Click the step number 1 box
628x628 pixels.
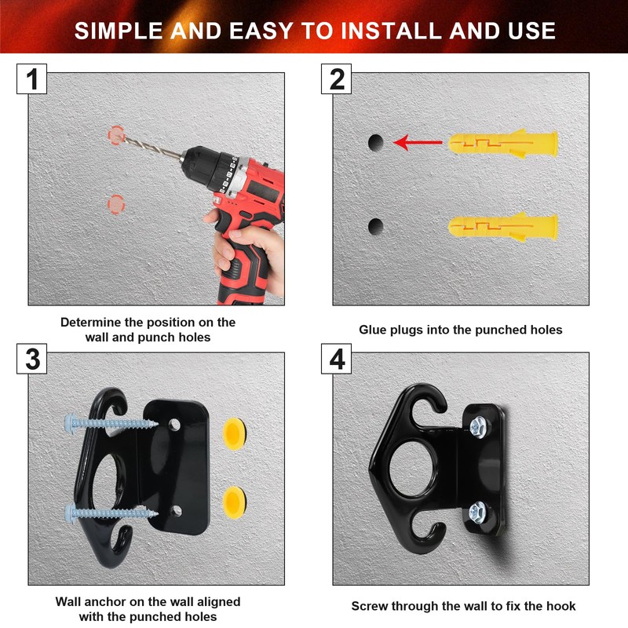coord(31,79)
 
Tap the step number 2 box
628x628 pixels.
coord(337,79)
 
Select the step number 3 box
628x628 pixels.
coord(31,359)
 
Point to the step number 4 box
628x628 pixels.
coord(337,359)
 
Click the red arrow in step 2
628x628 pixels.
coord(418,142)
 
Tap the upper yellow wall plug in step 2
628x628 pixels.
coord(502,144)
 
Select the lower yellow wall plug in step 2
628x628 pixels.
coord(502,227)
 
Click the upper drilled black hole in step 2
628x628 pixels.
coord(376,143)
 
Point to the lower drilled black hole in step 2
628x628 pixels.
coord(376,227)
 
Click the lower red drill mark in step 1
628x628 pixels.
coord(116,205)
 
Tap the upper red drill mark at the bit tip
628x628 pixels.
coord(116,135)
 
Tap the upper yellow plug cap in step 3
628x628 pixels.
coord(234,434)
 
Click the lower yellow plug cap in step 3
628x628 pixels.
coord(234,502)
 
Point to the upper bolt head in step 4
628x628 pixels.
coord(478,426)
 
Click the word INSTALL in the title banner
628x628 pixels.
coord(391,31)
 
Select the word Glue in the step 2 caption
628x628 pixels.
coord(373,330)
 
